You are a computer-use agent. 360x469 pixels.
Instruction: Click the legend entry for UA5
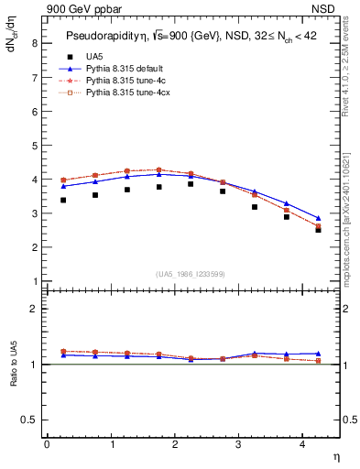pos(96,56)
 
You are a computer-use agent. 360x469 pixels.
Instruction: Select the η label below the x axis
pos(334,455)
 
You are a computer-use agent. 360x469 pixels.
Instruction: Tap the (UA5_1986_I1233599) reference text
pos(192,275)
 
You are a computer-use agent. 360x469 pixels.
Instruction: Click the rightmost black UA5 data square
pos(318,229)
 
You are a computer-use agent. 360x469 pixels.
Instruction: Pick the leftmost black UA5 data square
pos(62,200)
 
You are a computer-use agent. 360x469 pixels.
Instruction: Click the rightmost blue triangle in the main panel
pos(318,219)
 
